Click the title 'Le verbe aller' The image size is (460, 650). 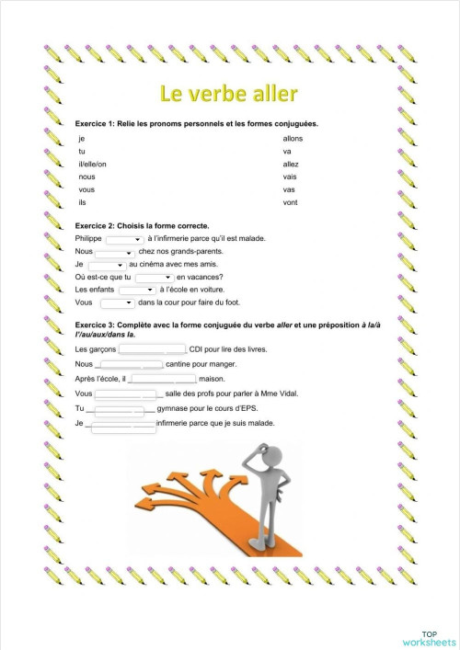pos(229,95)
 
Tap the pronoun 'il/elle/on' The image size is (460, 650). pos(93,164)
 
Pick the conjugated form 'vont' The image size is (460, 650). pos(291,202)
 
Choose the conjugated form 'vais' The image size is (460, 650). pos(290,177)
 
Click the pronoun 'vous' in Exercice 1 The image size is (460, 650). pos(87,189)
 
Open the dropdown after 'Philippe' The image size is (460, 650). pos(124,239)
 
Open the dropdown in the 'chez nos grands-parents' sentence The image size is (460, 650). pos(115,252)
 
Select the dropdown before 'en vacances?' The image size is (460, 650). pos(155,277)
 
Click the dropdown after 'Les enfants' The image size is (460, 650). pos(136,290)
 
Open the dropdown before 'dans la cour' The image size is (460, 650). pos(118,302)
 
